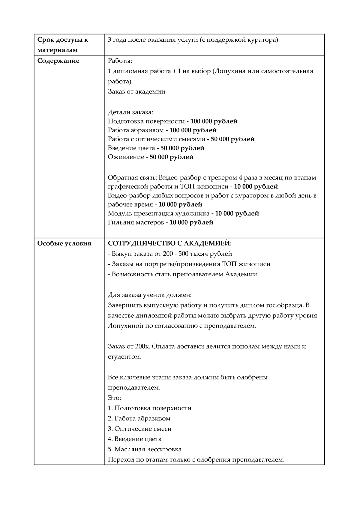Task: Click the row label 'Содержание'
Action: tap(58, 61)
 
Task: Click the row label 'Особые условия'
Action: tap(64, 243)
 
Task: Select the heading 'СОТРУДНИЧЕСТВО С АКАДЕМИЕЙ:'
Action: tap(170, 243)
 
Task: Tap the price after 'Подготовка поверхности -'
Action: tap(214, 121)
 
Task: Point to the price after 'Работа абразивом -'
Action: tap(193, 130)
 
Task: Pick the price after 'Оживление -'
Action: tap(172, 157)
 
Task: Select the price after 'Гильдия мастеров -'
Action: tap(191, 222)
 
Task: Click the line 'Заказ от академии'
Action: tap(136, 92)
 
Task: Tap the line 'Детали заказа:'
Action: tap(130, 112)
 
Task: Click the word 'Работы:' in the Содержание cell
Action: tap(120, 61)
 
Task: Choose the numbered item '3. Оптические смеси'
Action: tap(140, 429)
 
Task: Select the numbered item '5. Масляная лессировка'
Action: tap(145, 449)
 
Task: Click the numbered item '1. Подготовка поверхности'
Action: tap(149, 408)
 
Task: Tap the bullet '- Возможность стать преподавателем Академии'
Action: tap(182, 274)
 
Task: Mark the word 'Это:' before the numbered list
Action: tap(114, 398)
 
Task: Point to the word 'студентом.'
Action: tap(124, 357)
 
